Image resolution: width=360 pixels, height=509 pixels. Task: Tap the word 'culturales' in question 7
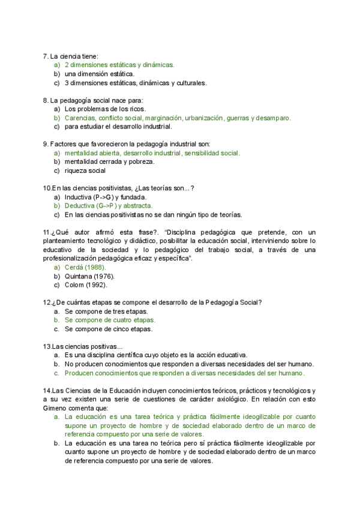tap(188, 83)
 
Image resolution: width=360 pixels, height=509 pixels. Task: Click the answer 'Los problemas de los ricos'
tap(105, 109)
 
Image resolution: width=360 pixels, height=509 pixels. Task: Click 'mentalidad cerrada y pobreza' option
tap(109, 161)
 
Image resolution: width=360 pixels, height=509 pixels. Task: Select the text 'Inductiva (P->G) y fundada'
tap(106, 197)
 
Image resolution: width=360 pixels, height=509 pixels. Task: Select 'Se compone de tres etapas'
tap(106, 312)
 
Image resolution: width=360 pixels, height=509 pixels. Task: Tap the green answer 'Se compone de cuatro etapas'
tap(110, 321)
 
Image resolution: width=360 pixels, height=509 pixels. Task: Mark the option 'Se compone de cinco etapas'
tap(109, 329)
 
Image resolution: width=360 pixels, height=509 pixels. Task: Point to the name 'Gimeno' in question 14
tap(55, 408)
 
